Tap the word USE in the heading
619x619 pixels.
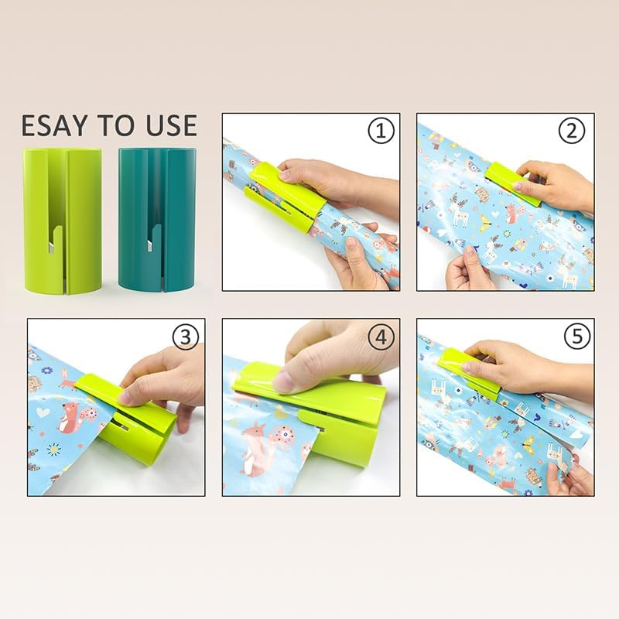pyautogui.click(x=166, y=125)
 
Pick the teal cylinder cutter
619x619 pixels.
pyautogui.click(x=149, y=221)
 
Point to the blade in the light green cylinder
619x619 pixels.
pyautogui.click(x=50, y=246)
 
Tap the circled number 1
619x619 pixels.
pyautogui.click(x=379, y=132)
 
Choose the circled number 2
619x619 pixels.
pyautogui.click(x=573, y=132)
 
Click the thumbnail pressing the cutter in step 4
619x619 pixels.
pyautogui.click(x=284, y=381)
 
